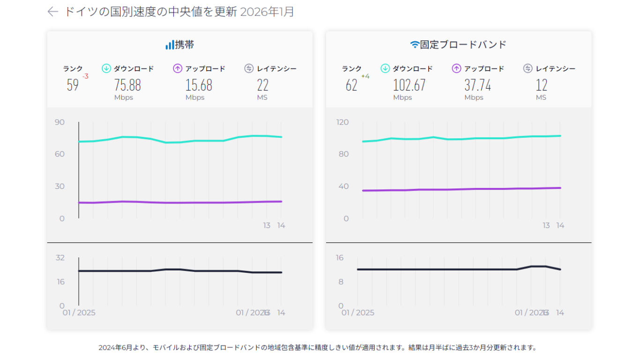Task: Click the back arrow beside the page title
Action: (52, 12)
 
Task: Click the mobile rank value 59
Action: (73, 85)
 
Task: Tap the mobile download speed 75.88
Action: (127, 85)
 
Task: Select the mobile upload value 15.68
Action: (199, 85)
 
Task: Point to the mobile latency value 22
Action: (262, 85)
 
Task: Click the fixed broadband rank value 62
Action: (351, 85)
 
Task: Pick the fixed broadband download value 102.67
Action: (409, 85)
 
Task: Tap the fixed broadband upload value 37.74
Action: (477, 85)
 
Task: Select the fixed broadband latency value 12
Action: (542, 85)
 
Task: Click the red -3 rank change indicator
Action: (85, 76)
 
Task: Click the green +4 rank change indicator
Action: (365, 76)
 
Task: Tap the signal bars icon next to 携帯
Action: (170, 45)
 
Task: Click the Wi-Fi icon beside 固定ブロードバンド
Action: (415, 45)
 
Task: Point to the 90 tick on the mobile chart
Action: (60, 122)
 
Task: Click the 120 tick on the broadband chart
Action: (342, 122)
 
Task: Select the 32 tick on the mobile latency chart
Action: (60, 257)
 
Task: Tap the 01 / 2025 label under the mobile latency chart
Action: (79, 313)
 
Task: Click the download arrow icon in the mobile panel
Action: (106, 68)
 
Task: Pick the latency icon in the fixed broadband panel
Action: (528, 68)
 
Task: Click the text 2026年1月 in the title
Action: (267, 12)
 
